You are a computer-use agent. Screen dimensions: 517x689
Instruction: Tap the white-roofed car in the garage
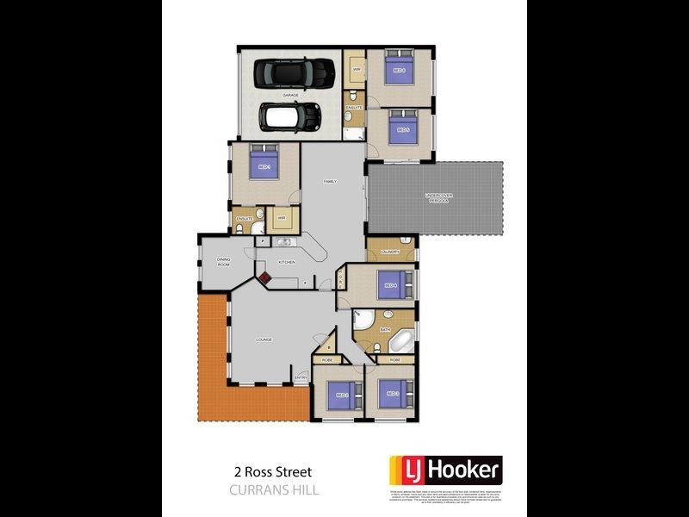[x=290, y=116]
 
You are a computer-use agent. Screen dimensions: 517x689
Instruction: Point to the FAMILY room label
[x=329, y=182]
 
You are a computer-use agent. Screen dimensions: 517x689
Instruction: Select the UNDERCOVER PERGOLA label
[x=438, y=197]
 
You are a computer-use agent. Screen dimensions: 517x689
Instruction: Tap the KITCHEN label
[x=287, y=262]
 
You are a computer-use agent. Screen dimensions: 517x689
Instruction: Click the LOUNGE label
[x=264, y=339]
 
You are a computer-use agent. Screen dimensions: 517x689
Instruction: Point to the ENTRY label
[x=301, y=377]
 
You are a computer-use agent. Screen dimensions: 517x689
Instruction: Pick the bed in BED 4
[x=392, y=284]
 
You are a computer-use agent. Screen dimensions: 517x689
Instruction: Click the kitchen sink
[x=282, y=243]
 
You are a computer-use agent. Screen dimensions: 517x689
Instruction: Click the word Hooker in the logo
[x=462, y=470]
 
